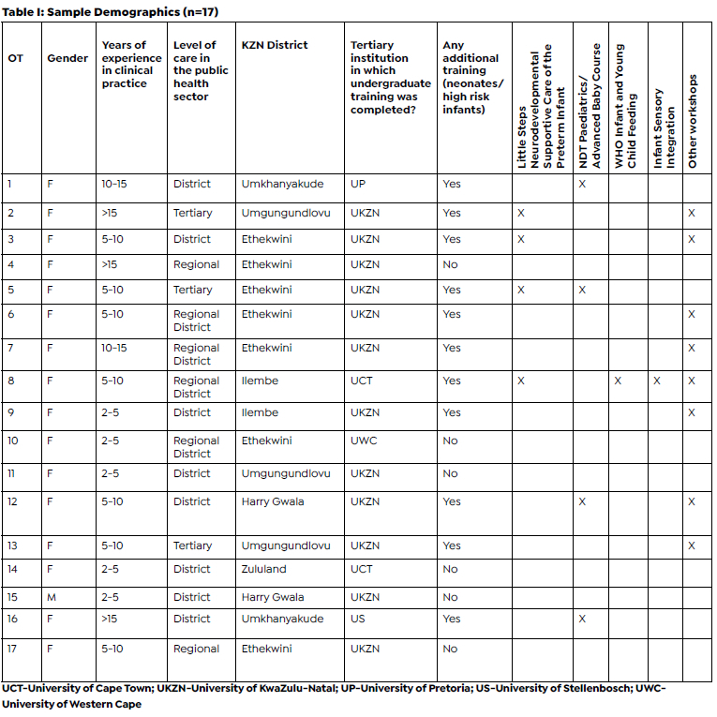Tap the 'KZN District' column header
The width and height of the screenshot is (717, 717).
[274, 45]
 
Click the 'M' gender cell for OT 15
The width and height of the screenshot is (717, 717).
[51, 597]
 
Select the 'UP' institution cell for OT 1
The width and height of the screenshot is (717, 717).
[358, 184]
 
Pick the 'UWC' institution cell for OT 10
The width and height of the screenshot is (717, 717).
[364, 441]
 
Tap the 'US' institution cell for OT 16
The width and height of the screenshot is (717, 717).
[358, 619]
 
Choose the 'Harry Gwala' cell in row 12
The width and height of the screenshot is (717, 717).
[273, 501]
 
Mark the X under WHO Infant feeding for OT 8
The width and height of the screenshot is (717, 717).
[618, 381]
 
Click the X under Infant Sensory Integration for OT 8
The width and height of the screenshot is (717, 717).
[656, 381]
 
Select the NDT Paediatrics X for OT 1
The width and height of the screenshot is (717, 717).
[582, 184]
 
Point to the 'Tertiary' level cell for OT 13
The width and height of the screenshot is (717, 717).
[193, 545]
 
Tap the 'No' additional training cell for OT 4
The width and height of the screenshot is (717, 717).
[450, 264]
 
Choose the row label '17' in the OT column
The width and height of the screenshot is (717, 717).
[13, 649]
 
